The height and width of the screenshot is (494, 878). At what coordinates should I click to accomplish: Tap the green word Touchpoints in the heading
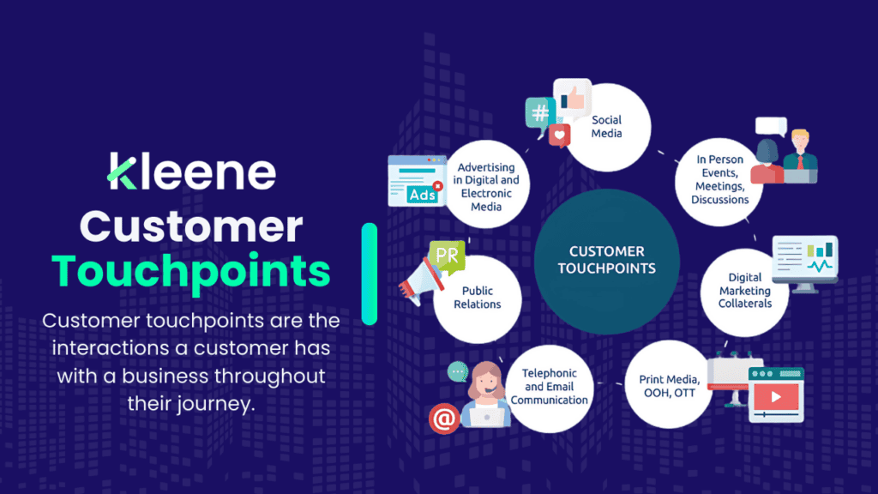tap(190, 271)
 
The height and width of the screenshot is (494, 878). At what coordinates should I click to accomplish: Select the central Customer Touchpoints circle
tap(606, 261)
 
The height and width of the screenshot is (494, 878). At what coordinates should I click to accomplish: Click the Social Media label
tap(606, 126)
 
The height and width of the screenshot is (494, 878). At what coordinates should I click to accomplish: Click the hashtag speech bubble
tap(539, 115)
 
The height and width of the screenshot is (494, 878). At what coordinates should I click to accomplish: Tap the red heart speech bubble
tap(560, 135)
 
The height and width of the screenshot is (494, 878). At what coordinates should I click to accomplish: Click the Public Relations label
tap(477, 298)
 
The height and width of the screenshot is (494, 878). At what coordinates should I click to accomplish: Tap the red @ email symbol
tap(442, 419)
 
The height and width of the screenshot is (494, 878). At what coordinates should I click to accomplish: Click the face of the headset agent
tap(484, 377)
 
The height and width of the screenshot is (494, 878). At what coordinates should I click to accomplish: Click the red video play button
tap(776, 398)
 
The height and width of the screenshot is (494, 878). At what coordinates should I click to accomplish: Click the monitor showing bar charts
tap(804, 257)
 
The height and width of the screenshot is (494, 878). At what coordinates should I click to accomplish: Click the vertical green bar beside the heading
tap(370, 274)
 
